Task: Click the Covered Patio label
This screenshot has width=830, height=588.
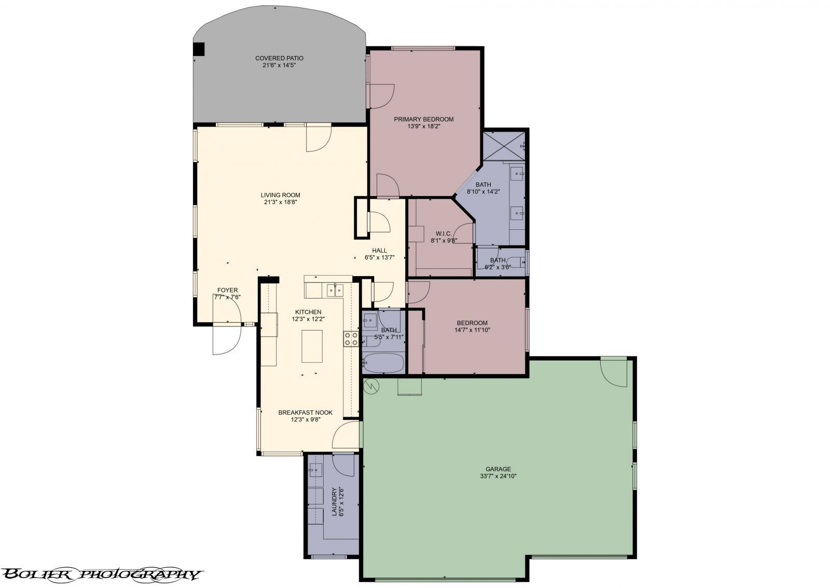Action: point(279,58)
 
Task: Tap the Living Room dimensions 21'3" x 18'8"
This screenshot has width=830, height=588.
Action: point(280,202)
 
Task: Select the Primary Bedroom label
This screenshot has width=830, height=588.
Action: point(423,119)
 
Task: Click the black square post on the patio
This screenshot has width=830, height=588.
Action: point(199,49)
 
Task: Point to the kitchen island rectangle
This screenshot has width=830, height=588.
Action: point(312,346)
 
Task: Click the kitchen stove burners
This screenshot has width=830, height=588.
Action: point(351,339)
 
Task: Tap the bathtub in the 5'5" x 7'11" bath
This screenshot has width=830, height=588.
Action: point(383,363)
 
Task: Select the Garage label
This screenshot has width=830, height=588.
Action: point(498,469)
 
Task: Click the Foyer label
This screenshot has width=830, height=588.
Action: point(227,290)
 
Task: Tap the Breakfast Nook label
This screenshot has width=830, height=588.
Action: point(305,413)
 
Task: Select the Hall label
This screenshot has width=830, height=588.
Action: point(379,250)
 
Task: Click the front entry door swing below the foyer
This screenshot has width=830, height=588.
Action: point(227,339)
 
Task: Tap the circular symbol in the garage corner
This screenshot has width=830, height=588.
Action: point(371,385)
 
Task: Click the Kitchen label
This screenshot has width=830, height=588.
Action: point(308,312)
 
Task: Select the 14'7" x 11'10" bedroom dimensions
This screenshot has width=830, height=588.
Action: point(472,330)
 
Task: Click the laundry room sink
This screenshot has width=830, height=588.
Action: point(314,471)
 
